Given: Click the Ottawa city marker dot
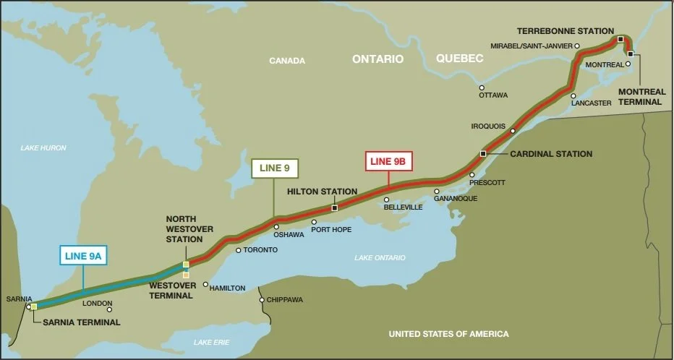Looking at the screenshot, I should click(x=482, y=87).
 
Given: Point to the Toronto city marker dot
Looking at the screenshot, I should click(x=239, y=250).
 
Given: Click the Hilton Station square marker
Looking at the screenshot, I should click(x=334, y=208).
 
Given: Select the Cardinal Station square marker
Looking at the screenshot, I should click(x=483, y=153).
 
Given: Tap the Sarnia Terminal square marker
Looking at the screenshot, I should click(x=34, y=307).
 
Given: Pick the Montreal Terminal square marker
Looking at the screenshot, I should click(x=631, y=53).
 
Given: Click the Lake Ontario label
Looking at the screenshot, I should click(x=380, y=257).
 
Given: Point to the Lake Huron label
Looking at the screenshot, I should click(x=43, y=147).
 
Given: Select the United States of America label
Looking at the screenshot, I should click(x=448, y=334).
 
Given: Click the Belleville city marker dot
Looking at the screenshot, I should click(x=387, y=200).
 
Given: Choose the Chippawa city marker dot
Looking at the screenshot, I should click(x=262, y=299).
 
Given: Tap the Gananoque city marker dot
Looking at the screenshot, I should click(x=437, y=192).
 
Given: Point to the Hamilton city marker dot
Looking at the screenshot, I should click(x=205, y=284).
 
